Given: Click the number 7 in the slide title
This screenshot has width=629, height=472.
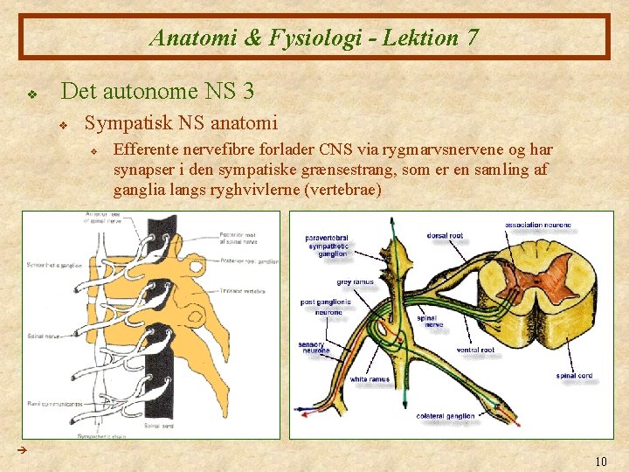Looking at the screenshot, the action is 473,38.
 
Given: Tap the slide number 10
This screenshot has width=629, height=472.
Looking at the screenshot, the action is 600,461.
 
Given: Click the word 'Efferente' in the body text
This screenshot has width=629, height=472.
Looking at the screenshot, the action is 148,149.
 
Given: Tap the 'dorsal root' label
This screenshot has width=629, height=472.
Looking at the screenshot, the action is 446,235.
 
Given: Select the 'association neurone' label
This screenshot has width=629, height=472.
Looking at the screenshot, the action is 537,226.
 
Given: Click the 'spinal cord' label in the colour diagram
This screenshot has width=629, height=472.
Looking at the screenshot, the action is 574,376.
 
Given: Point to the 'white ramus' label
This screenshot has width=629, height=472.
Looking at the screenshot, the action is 370,379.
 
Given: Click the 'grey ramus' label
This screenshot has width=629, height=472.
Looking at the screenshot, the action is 355,281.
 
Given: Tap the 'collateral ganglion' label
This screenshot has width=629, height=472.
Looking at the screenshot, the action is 446,415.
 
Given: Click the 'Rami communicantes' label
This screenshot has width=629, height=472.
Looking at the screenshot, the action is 55,405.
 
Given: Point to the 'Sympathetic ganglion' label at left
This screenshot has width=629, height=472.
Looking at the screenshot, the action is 54,265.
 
